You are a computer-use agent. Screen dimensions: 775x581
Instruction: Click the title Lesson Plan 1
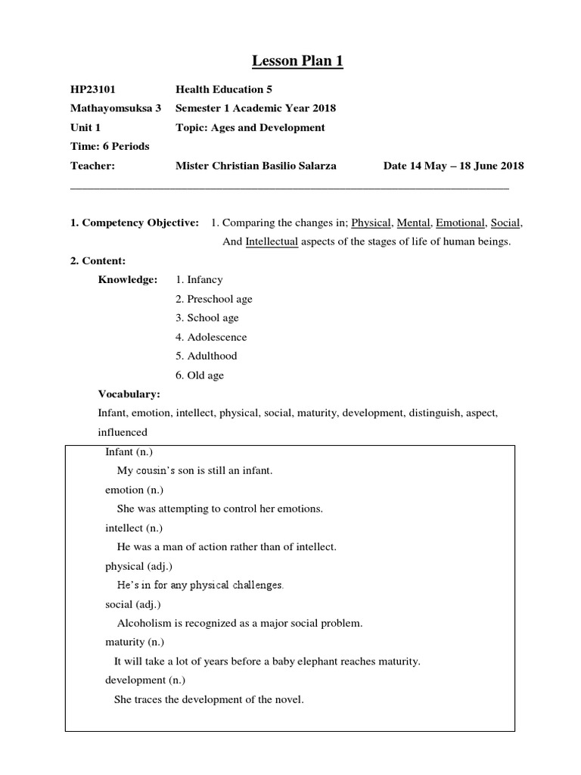pos(290,61)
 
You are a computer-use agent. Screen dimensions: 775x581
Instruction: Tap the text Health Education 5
pos(220,89)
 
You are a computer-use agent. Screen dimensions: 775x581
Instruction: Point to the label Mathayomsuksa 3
pos(116,108)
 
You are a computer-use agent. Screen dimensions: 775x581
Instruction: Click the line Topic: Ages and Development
pos(250,127)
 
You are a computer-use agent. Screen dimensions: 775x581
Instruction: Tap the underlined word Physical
pos(371,223)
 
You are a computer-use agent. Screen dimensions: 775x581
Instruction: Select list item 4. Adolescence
pos(211,337)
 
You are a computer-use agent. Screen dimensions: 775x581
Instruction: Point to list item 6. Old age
pos(200,375)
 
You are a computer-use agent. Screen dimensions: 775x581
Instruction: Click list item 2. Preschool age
pos(214,299)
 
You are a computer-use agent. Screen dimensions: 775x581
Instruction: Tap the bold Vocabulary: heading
pos(129,394)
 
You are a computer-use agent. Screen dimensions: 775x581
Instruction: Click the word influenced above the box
pos(123,432)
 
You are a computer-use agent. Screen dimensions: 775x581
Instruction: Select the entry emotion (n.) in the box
pos(133,490)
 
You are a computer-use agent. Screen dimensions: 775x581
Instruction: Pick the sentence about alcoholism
pos(240,624)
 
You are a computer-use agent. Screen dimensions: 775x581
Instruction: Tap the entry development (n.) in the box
pos(144,680)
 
